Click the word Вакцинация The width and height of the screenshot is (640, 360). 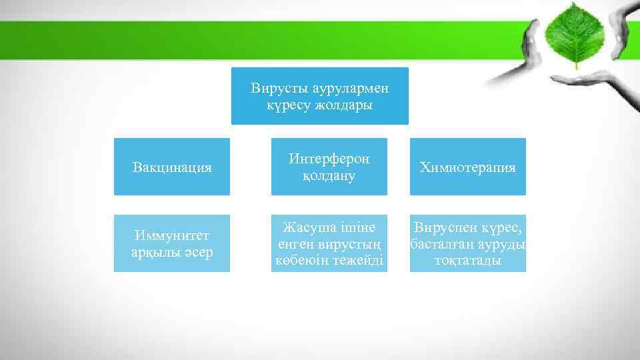(173, 167)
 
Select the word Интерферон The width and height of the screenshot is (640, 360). (329, 159)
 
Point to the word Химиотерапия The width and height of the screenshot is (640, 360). (467, 167)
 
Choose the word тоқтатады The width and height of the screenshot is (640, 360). (467, 260)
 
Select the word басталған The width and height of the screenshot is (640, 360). (439, 243)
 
